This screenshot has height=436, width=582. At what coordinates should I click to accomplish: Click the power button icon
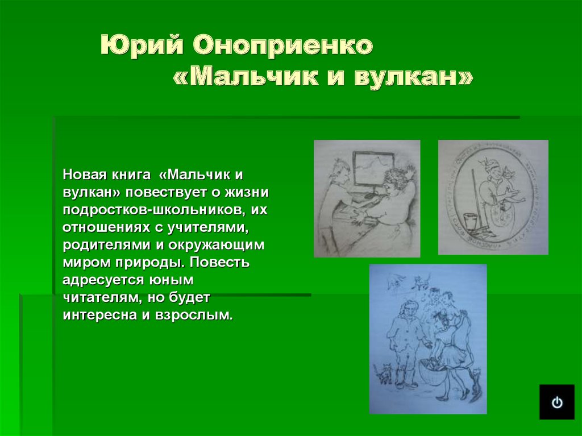coord(557,402)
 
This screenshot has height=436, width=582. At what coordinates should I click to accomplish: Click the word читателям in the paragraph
coord(98,297)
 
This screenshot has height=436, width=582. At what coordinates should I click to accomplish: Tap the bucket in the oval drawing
coord(470,219)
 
